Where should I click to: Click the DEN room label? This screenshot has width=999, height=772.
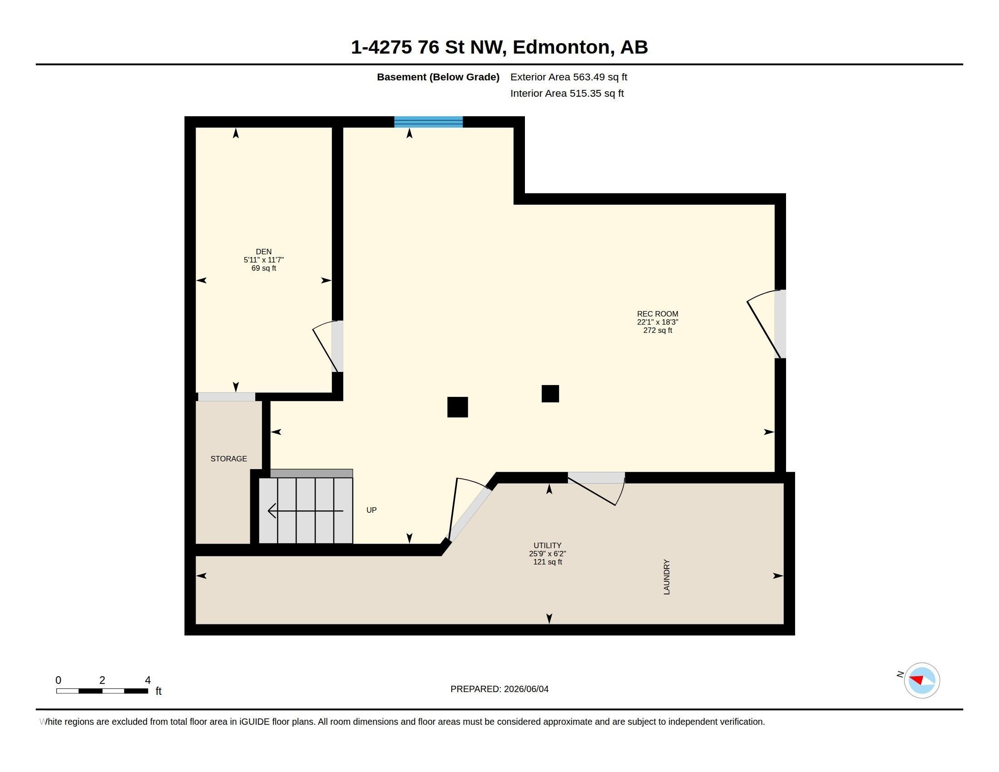click(x=263, y=252)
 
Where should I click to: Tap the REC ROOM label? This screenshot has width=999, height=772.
click(x=658, y=314)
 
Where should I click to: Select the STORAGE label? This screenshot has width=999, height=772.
click(x=229, y=459)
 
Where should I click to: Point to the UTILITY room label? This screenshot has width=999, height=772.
click(x=547, y=545)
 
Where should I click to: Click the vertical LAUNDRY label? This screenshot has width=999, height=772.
click(x=667, y=577)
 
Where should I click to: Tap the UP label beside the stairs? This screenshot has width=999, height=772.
click(x=371, y=510)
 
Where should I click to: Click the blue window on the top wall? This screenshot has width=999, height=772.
click(x=429, y=122)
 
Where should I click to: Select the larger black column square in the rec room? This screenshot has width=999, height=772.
click(x=457, y=407)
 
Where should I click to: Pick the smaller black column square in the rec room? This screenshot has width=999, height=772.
click(x=550, y=394)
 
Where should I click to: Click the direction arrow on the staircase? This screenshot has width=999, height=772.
click(x=305, y=510)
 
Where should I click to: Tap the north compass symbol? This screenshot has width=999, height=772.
click(x=922, y=680)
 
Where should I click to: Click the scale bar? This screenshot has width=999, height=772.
click(x=102, y=691)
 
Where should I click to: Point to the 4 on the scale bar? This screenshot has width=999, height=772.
click(x=148, y=680)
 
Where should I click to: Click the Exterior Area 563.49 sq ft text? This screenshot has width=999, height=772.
click(x=569, y=77)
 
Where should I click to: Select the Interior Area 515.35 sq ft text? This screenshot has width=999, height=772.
click(x=567, y=93)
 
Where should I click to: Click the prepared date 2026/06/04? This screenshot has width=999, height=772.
click(x=526, y=689)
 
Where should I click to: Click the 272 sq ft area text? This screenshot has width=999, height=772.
click(x=658, y=330)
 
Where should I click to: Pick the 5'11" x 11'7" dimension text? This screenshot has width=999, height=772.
click(x=263, y=260)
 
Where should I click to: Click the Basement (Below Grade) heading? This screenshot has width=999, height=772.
click(x=438, y=77)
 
